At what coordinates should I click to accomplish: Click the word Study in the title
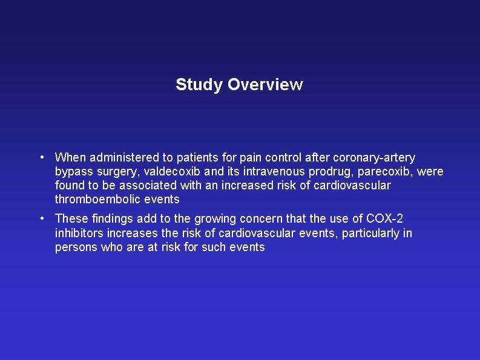[x=199, y=85]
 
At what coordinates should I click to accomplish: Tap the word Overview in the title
[x=265, y=84]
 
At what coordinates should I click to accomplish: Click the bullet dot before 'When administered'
[x=42, y=158]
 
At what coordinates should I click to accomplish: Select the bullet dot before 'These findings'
[x=42, y=218]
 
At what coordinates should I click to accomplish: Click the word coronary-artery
[x=374, y=158]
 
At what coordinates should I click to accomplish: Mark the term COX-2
[x=384, y=218]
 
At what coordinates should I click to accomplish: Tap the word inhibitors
[x=79, y=234]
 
